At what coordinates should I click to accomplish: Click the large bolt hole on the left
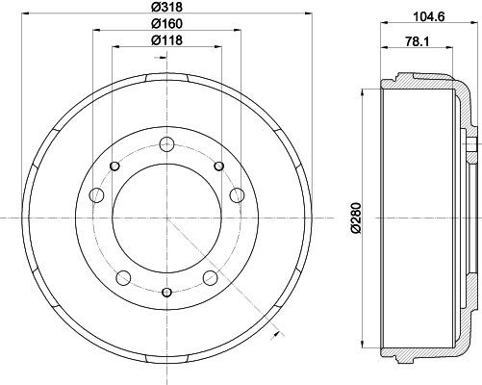[96, 196]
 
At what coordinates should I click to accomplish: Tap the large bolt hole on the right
[237, 196]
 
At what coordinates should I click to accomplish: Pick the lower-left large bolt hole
[123, 279]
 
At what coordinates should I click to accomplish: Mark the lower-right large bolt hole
[210, 279]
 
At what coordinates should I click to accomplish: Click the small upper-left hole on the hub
[115, 167]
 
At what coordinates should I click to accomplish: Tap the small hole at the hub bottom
[166, 292]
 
